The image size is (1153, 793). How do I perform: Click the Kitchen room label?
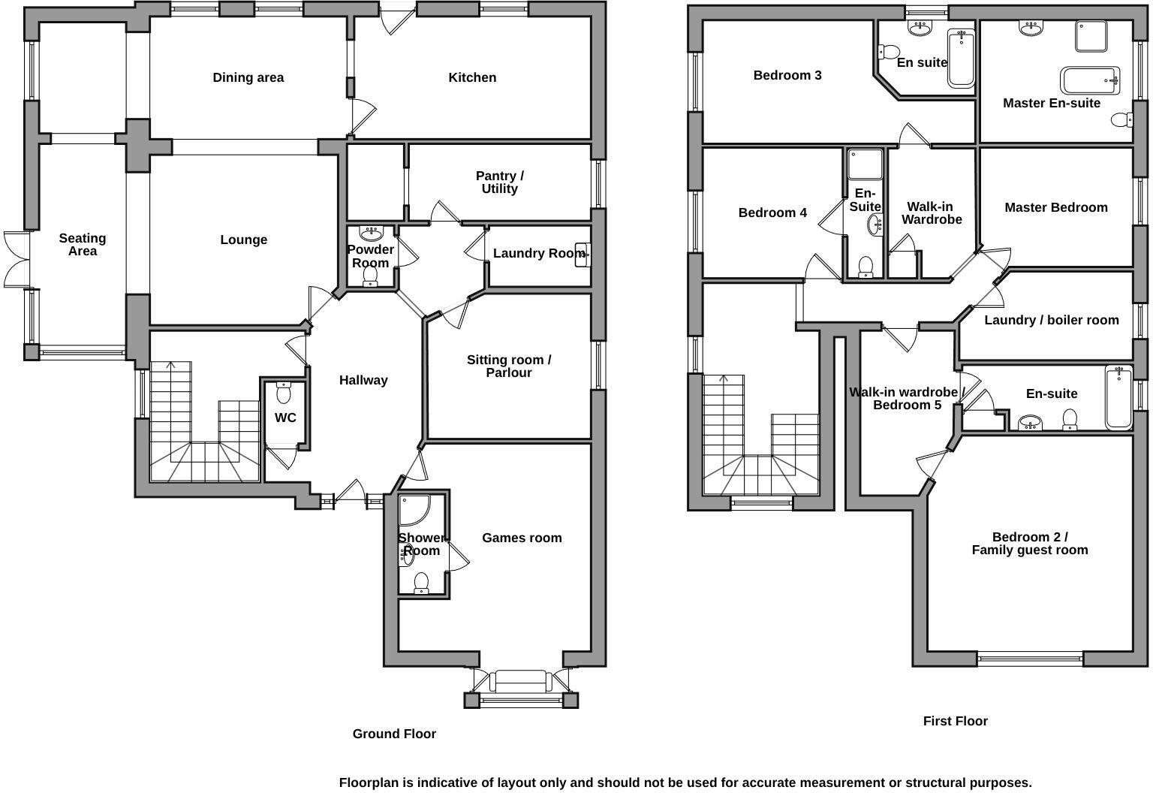pos(472,77)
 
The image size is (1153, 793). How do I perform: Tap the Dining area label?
pos(248,77)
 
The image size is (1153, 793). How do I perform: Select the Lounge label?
pos(243,240)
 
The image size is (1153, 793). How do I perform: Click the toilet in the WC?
pos(284,393)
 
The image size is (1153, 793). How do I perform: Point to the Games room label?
pos(522,538)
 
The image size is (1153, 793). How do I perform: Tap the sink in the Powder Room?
pos(371,232)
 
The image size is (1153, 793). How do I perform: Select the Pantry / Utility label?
pos(500,182)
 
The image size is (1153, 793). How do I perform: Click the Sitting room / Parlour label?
pos(509,366)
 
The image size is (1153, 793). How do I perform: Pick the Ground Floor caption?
pos(394,734)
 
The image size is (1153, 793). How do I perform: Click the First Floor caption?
pos(955,721)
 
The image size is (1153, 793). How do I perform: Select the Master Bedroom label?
pos(1055,207)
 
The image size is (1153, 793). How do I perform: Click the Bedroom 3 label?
pos(787,75)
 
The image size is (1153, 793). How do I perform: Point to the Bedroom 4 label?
pos(772,213)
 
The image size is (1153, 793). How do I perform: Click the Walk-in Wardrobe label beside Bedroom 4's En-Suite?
pos(931,213)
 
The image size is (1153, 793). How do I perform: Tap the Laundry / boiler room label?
pos(1051,320)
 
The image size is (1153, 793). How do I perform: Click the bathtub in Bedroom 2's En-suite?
pos(1118,397)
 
